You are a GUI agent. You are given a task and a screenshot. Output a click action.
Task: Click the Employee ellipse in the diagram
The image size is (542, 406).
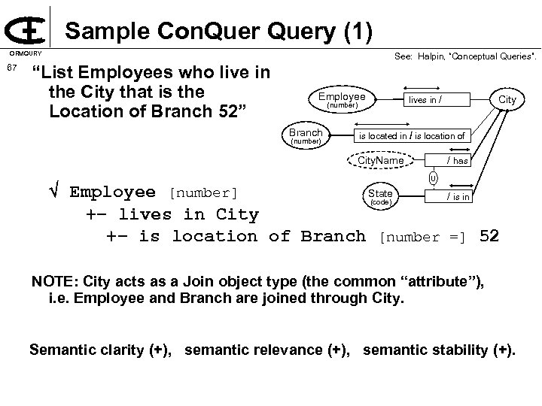[x=342, y=99]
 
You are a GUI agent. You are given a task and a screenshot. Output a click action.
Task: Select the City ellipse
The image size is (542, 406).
[x=507, y=99]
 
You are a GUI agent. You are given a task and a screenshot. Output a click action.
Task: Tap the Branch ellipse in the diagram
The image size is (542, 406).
[x=306, y=135]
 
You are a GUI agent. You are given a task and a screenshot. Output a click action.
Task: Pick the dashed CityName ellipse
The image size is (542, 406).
[x=380, y=161]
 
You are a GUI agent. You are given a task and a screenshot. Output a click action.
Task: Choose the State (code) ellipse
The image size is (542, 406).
[x=379, y=197]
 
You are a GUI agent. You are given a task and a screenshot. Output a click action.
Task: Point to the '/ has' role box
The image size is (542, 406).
[x=457, y=161]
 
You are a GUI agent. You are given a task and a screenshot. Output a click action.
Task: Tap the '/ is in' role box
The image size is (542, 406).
[x=457, y=197]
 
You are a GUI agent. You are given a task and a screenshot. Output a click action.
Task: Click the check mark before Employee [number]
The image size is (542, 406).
[x=52, y=192]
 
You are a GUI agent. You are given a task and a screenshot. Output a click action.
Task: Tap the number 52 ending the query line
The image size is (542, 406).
[x=489, y=236]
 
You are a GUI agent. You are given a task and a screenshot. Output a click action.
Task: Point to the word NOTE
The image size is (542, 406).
[x=51, y=282]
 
